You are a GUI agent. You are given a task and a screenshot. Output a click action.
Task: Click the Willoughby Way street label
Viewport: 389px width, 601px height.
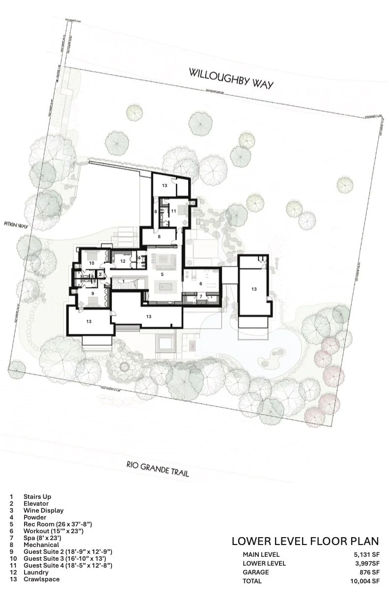231,79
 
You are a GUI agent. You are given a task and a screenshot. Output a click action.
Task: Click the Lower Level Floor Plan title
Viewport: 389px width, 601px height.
305,542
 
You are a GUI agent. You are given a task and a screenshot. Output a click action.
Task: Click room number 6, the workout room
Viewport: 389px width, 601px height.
200,283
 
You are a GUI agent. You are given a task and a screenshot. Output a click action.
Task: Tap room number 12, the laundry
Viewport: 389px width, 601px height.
123,260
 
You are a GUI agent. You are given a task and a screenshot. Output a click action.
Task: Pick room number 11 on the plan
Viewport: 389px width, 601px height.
173,211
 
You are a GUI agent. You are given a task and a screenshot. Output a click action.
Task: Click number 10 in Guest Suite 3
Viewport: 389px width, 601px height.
91,263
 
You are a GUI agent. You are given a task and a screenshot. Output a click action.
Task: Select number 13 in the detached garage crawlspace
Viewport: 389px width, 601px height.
253,289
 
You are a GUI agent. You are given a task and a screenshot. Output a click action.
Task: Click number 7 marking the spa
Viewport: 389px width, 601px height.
200,296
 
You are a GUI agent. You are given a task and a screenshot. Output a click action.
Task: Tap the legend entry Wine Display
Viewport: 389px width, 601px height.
43,510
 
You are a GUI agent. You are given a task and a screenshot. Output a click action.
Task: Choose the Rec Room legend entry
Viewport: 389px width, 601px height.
57,524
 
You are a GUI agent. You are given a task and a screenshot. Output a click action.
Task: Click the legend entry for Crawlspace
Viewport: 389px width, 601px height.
41,579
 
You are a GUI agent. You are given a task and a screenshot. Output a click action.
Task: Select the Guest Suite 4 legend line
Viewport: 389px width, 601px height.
67,565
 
